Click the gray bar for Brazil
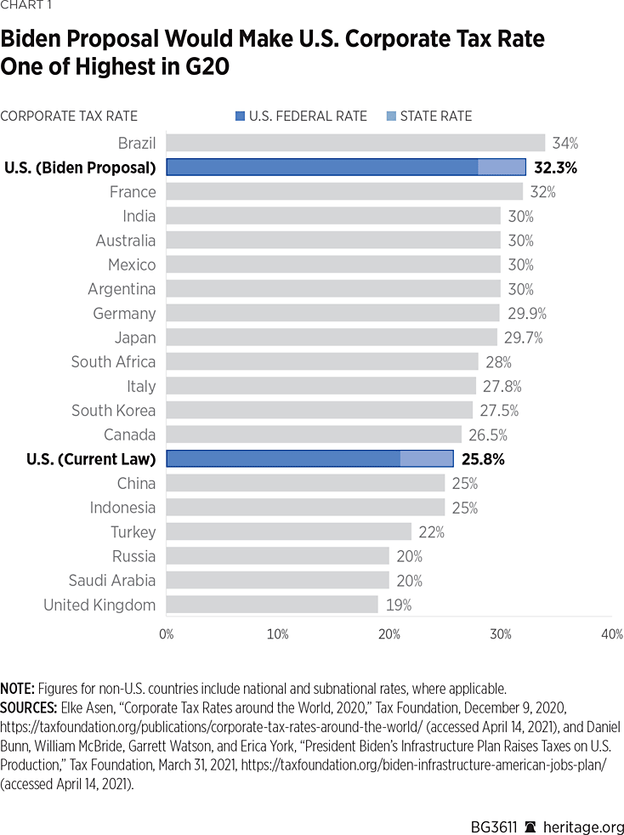(355, 143)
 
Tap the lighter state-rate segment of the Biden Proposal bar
(502, 168)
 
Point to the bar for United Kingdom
(272, 605)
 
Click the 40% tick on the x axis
(612, 634)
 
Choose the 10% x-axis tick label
(278, 634)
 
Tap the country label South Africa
(113, 362)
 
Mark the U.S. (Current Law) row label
(91, 460)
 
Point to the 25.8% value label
(482, 460)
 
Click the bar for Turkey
(289, 532)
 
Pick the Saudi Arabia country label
(112, 581)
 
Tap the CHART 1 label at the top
(25, 8)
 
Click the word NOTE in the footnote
(18, 687)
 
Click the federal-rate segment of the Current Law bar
(283, 459)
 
